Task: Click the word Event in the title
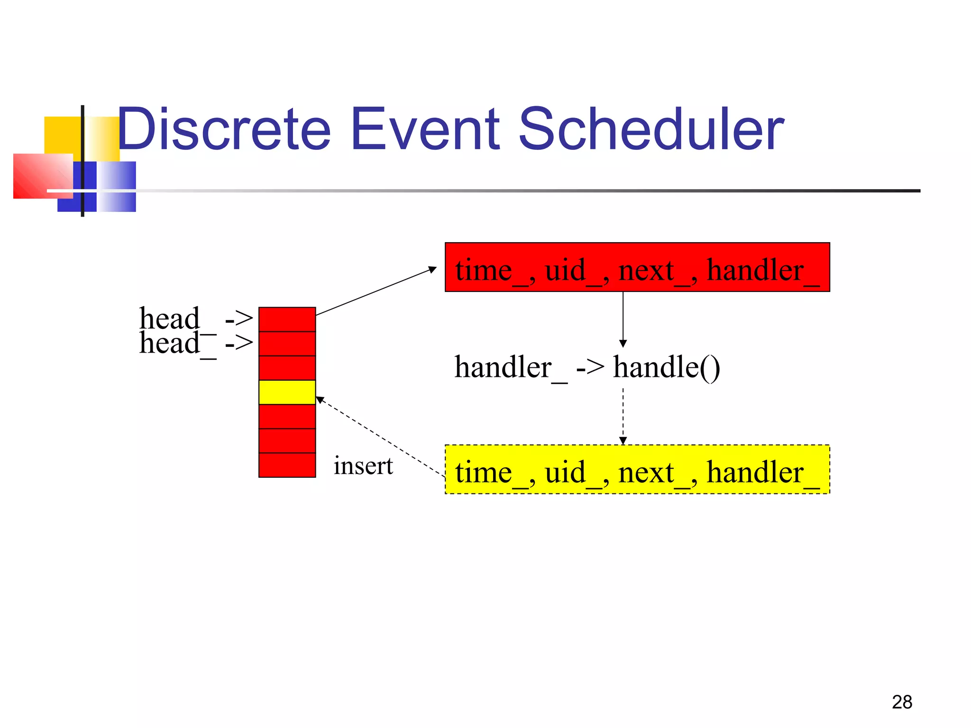click(x=425, y=129)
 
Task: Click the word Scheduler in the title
click(x=651, y=129)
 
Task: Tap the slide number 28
click(x=901, y=702)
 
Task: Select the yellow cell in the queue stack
click(x=287, y=392)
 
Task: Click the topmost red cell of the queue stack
click(x=287, y=319)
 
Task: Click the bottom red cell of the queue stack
click(x=287, y=465)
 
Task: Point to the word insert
click(x=363, y=465)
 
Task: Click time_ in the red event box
click(x=491, y=270)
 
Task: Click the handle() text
click(x=667, y=367)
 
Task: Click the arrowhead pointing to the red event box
click(x=432, y=269)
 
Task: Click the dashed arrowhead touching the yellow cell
click(x=320, y=399)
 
